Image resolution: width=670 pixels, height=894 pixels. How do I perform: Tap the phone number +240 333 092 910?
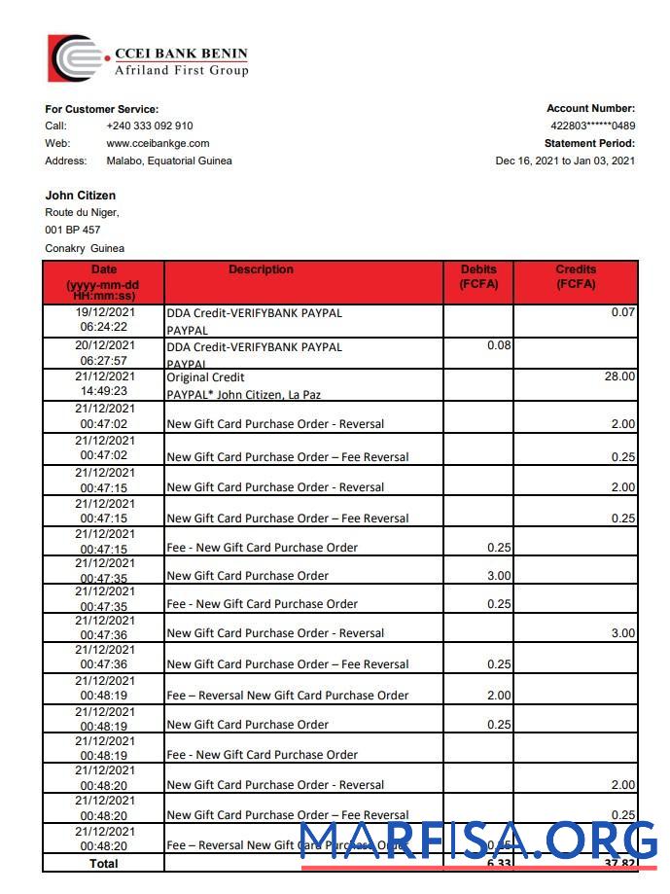(x=149, y=126)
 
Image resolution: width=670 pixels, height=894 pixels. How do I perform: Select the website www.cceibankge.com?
(x=158, y=144)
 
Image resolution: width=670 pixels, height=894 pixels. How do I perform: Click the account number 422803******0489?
(x=592, y=126)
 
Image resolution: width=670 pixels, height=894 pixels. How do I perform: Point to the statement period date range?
(x=565, y=161)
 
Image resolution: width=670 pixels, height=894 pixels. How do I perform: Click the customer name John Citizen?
(x=81, y=196)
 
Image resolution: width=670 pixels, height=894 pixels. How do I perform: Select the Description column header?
(x=261, y=269)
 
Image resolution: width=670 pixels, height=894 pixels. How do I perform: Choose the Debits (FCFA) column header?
(x=477, y=276)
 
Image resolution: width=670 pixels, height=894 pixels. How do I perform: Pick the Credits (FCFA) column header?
(x=576, y=276)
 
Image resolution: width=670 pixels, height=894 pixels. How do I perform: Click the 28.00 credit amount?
(x=619, y=376)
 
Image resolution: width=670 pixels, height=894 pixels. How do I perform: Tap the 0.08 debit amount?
(x=498, y=345)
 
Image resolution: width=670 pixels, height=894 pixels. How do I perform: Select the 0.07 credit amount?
(x=623, y=313)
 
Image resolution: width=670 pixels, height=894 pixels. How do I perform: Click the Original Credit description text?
(x=205, y=377)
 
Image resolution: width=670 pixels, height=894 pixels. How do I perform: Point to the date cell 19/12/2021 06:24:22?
(x=103, y=320)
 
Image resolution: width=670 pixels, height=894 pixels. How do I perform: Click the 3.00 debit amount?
(x=498, y=576)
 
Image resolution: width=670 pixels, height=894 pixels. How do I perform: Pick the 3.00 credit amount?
(x=622, y=633)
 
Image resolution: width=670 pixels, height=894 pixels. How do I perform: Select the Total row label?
(x=103, y=864)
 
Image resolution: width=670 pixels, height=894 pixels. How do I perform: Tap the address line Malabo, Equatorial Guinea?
(x=169, y=161)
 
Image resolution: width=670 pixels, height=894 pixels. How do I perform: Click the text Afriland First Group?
(x=181, y=71)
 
